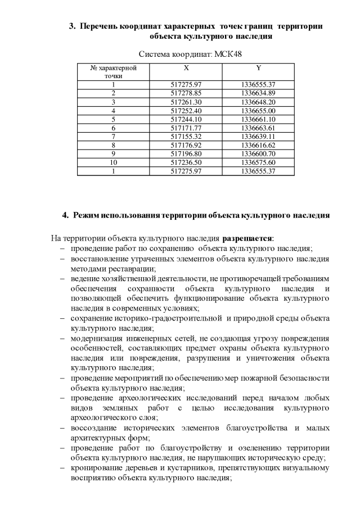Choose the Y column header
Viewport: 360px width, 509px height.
point(258,68)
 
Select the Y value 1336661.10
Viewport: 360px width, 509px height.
point(258,119)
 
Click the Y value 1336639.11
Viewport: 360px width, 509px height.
point(258,136)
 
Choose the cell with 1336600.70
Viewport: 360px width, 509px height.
point(258,154)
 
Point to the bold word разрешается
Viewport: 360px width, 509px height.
point(247,238)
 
